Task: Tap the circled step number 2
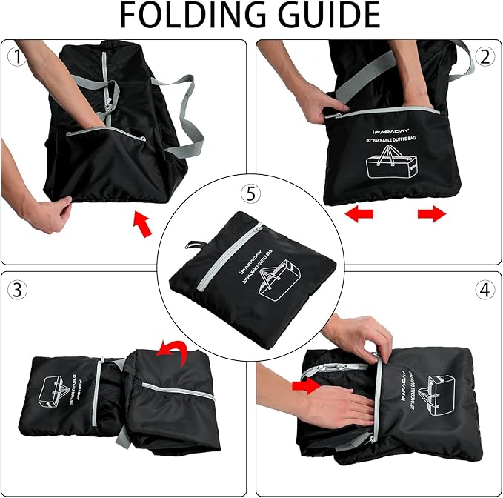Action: point(486,56)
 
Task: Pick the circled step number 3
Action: point(16,290)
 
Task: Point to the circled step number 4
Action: point(485,290)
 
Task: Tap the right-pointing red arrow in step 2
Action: point(432,214)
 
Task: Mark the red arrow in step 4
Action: point(305,385)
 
